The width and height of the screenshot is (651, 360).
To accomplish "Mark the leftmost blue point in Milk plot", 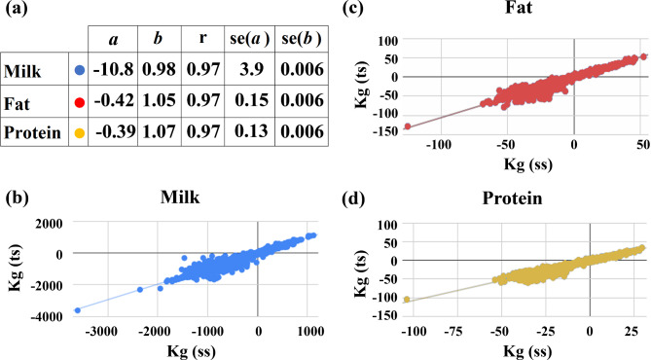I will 77,309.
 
